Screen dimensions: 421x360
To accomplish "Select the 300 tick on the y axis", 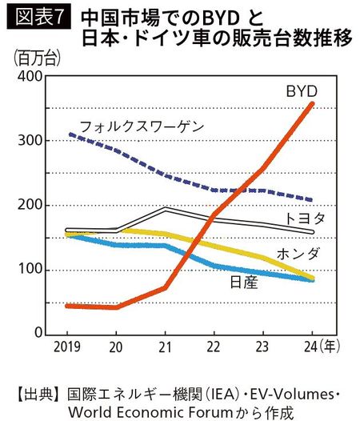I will [31, 141].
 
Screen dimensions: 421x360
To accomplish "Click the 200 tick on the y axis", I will [31, 205].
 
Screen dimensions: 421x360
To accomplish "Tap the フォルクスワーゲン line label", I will [142, 126].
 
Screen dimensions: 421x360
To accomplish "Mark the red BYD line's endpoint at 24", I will [312, 103].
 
